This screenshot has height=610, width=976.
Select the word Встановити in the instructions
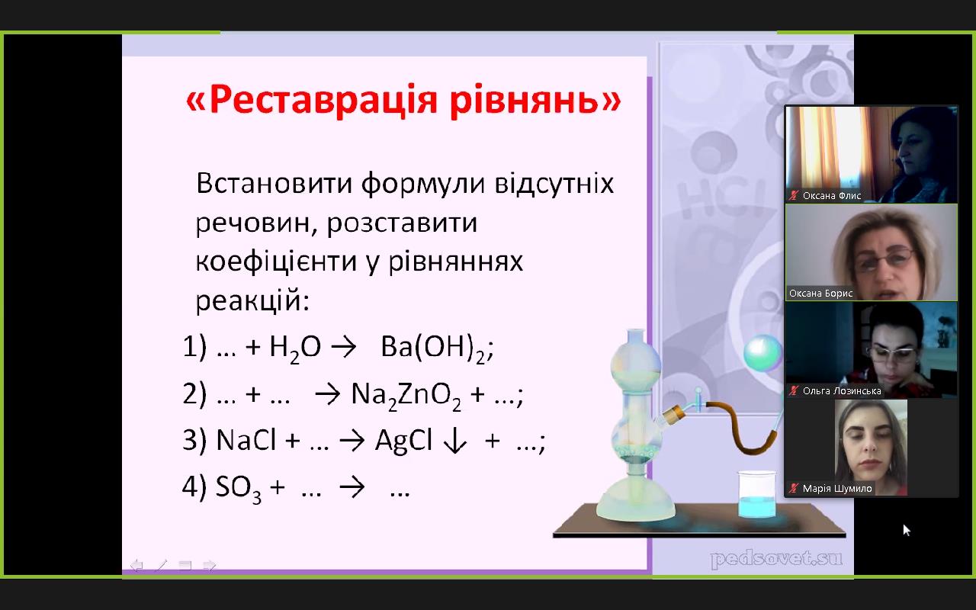(x=274, y=183)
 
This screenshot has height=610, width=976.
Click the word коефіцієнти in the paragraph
(x=276, y=262)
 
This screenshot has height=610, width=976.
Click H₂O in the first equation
(x=295, y=349)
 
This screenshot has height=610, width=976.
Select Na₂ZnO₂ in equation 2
(x=406, y=396)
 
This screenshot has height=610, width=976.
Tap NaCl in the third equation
(x=246, y=439)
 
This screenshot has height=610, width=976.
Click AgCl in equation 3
(x=404, y=441)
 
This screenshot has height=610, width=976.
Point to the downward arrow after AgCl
(x=455, y=441)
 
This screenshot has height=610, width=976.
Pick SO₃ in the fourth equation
(x=239, y=489)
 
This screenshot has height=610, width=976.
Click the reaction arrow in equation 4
(x=352, y=486)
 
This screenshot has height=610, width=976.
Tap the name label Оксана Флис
(x=831, y=196)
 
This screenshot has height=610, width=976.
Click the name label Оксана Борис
(x=820, y=294)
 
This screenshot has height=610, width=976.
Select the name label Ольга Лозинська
(x=841, y=391)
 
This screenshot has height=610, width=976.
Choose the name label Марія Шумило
(x=836, y=489)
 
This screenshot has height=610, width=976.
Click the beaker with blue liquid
(x=756, y=494)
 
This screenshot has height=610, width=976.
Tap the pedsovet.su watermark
(x=776, y=559)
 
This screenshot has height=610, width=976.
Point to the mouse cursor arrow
(x=907, y=530)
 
